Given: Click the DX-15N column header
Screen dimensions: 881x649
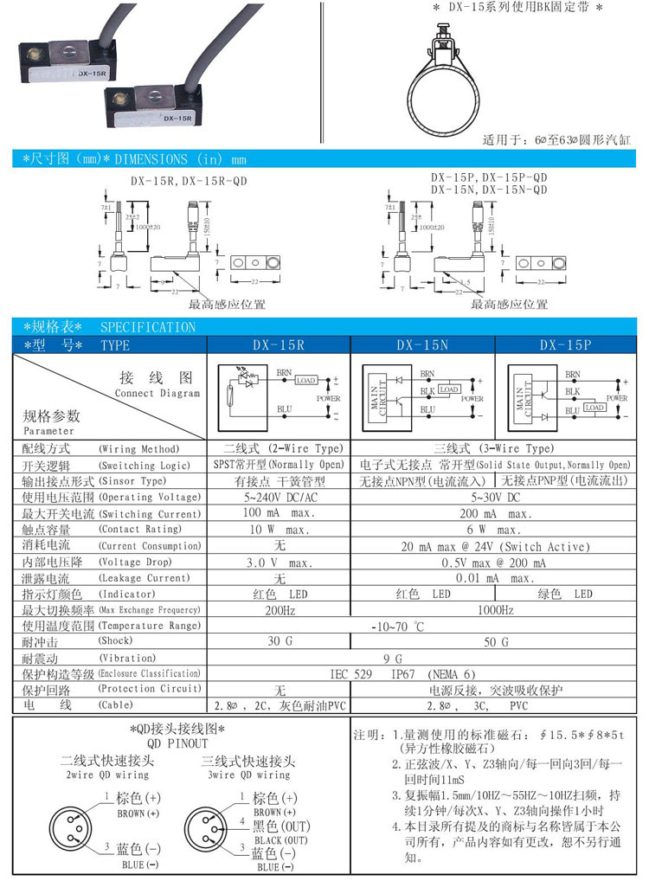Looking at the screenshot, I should tap(421, 344).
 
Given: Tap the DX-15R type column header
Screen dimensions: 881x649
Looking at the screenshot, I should tap(278, 344).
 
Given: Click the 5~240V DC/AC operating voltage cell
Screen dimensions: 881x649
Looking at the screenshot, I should tap(277, 498).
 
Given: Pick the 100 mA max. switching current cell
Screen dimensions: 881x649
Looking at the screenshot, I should tap(277, 513).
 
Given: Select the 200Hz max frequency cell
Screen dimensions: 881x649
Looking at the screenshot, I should tap(277, 610).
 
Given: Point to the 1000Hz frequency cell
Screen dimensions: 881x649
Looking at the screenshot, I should tap(494, 610).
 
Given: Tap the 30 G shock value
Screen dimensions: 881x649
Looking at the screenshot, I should tap(277, 642).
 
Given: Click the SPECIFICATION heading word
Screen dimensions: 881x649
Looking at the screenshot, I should tap(148, 327).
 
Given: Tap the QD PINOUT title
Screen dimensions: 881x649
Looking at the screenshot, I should tap(177, 743).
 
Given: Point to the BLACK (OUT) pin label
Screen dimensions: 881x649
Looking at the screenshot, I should tap(281, 840).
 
